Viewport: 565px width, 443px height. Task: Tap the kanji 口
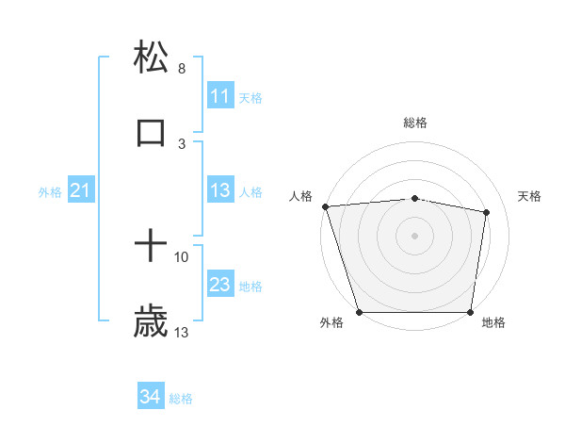tap(151, 133)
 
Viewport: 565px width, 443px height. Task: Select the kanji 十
tap(151, 247)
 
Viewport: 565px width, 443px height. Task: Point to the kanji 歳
tap(151, 322)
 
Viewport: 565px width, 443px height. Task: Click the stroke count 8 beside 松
tap(182, 69)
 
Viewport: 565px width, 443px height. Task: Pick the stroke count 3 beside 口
tap(182, 143)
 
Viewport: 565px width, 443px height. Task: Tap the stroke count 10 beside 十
tap(182, 256)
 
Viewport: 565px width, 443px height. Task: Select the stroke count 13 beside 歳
tap(182, 332)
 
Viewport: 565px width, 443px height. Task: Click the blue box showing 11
tap(219, 96)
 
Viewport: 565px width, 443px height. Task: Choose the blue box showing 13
tap(219, 190)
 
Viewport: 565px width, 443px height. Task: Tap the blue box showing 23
tap(219, 285)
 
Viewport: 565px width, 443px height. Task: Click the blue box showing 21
tap(81, 191)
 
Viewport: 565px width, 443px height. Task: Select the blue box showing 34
tap(151, 398)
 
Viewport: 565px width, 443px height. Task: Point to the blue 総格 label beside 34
tap(181, 399)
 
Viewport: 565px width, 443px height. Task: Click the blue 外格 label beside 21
tap(50, 192)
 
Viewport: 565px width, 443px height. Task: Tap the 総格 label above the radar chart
tap(415, 123)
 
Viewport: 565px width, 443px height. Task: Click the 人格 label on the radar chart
tap(300, 196)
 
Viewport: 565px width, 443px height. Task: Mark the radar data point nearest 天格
tap(487, 213)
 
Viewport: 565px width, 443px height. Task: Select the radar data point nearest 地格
tap(470, 312)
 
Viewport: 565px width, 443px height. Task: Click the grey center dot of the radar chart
tap(415, 235)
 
